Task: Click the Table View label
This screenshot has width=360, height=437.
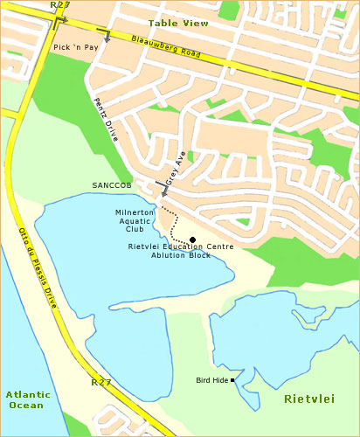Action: click(x=178, y=23)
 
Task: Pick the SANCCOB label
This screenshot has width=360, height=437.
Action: click(x=111, y=185)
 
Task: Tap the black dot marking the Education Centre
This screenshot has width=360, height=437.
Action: click(x=192, y=239)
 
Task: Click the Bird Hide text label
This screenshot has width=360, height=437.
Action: click(x=212, y=380)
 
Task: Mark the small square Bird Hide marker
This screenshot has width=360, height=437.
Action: click(x=233, y=380)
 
